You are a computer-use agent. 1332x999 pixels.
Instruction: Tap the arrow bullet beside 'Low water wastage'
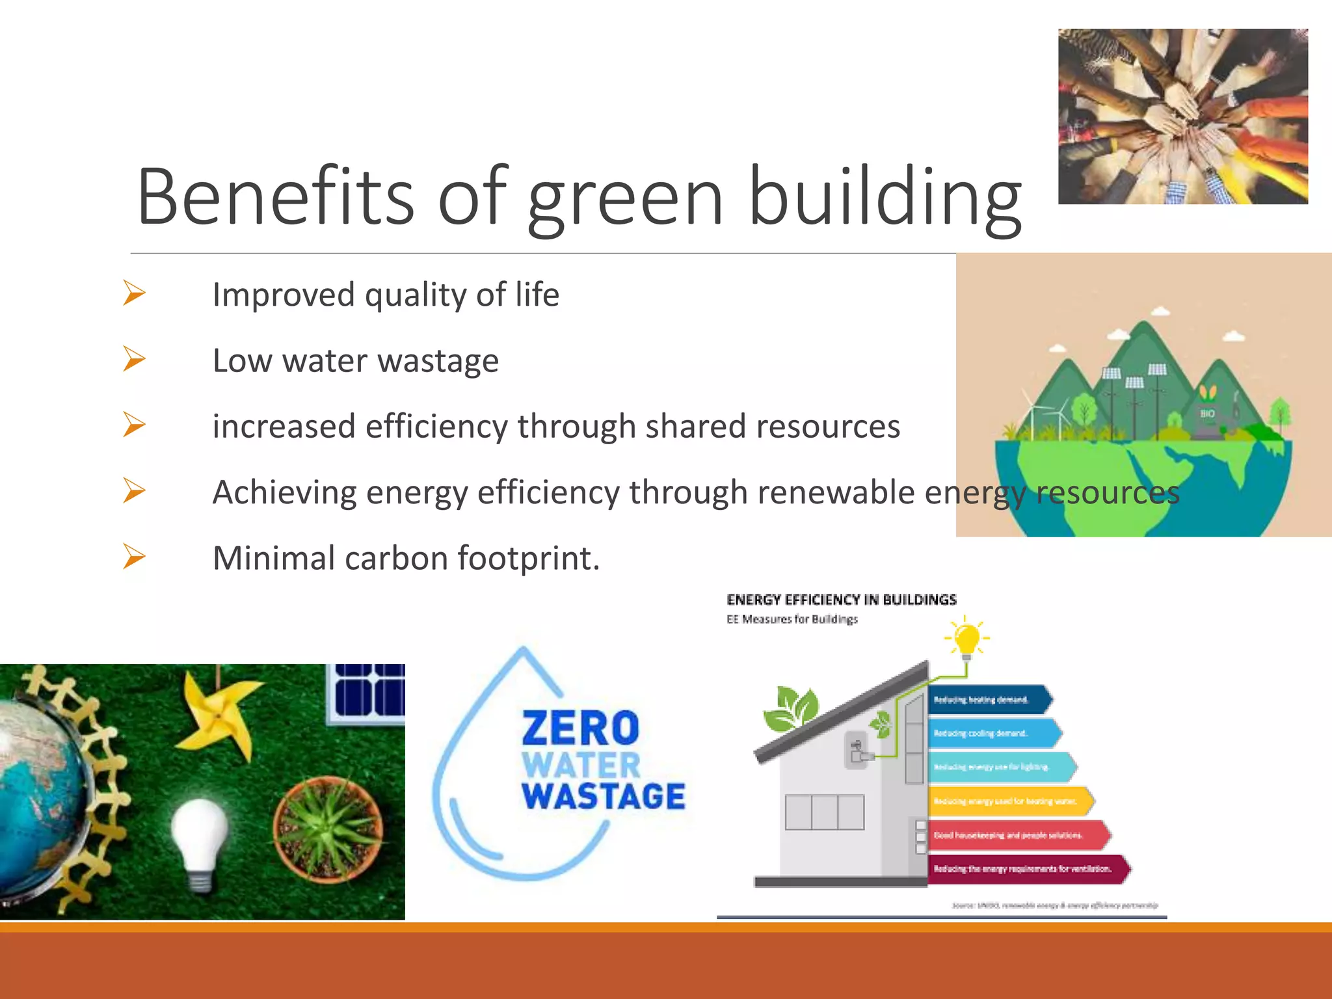(x=134, y=359)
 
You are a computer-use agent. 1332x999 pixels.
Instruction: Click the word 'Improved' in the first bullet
(x=284, y=295)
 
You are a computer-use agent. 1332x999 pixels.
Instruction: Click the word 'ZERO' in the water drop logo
(x=580, y=728)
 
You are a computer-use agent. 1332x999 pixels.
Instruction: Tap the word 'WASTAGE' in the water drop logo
(x=604, y=797)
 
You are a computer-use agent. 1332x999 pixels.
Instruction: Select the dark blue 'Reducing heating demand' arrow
(x=989, y=700)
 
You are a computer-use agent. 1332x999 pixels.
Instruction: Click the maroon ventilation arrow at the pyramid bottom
(x=1028, y=869)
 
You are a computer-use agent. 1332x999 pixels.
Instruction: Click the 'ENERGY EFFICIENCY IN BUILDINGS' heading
(x=842, y=600)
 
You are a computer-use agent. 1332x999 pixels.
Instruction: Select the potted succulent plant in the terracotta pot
(x=328, y=829)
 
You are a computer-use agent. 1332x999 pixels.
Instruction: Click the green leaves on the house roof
(x=791, y=709)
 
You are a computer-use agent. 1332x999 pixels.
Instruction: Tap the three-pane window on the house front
(x=824, y=812)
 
